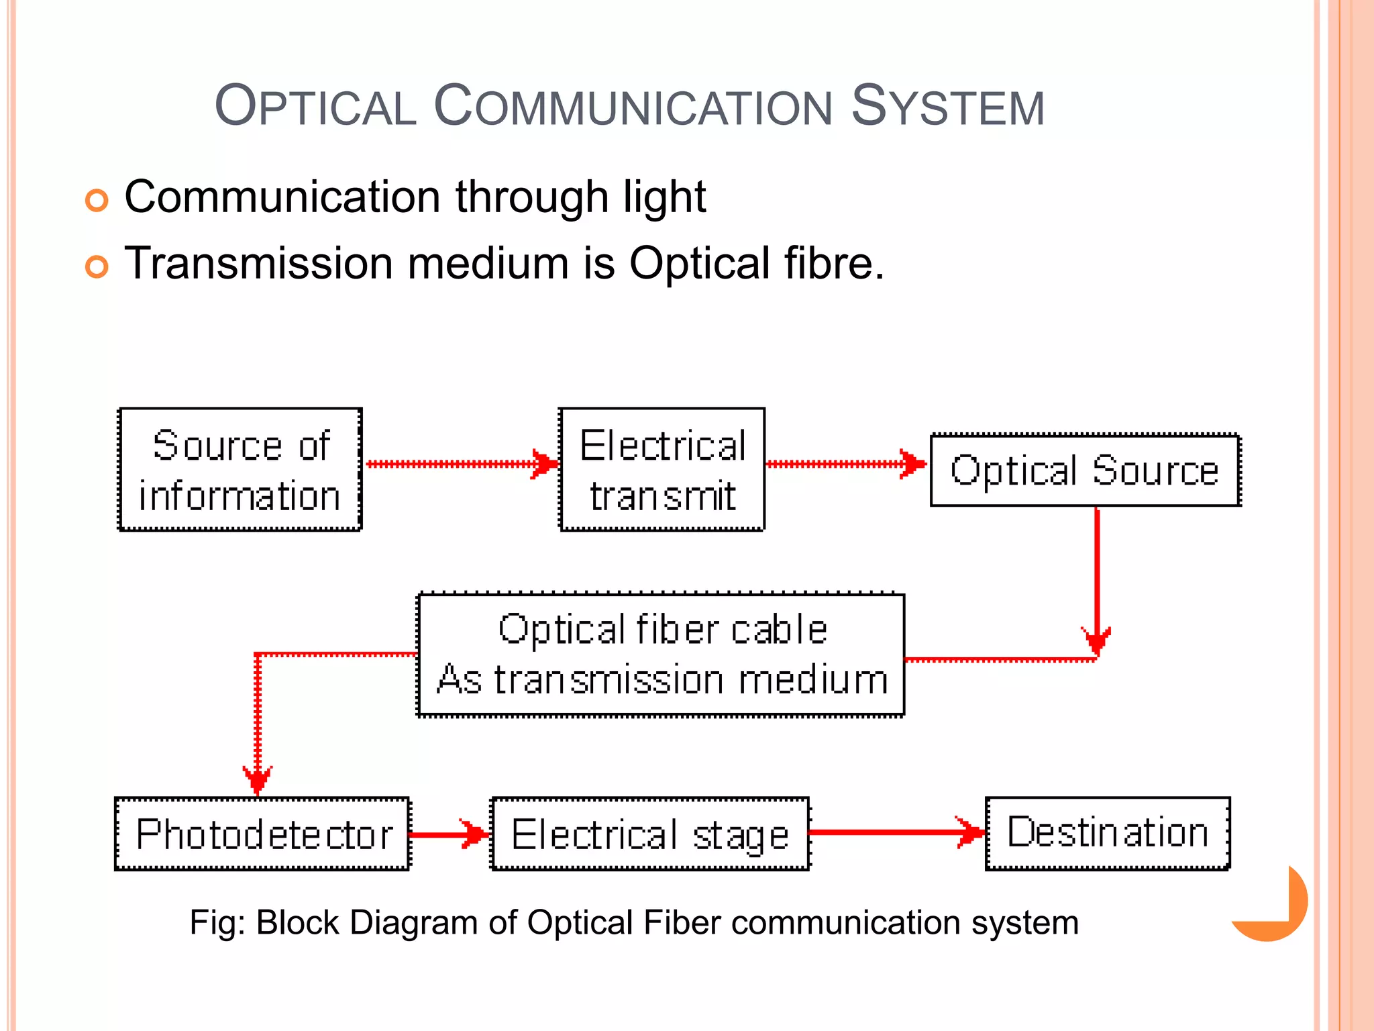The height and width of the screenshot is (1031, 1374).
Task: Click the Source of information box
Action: tap(240, 470)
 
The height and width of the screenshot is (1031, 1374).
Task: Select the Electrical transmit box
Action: tap(662, 470)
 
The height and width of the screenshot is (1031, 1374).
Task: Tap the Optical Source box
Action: tap(1085, 470)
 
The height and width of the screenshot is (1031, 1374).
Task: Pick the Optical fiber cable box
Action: tap(661, 655)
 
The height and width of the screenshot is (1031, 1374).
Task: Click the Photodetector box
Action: tap(262, 834)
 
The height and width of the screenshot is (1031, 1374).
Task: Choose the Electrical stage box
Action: tap(650, 834)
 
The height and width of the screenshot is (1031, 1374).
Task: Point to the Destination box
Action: tap(1108, 833)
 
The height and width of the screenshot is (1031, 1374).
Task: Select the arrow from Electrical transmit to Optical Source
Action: tap(842, 464)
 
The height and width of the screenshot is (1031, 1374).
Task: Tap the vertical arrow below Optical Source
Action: tap(1097, 571)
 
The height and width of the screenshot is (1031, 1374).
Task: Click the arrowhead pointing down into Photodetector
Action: tap(258, 779)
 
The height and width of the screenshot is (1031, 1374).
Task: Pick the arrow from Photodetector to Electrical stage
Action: tap(446, 834)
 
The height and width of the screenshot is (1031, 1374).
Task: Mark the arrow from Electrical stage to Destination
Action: tap(892, 832)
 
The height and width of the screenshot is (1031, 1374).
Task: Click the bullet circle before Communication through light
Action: tap(97, 201)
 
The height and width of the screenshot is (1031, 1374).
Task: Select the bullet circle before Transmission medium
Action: tap(97, 266)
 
